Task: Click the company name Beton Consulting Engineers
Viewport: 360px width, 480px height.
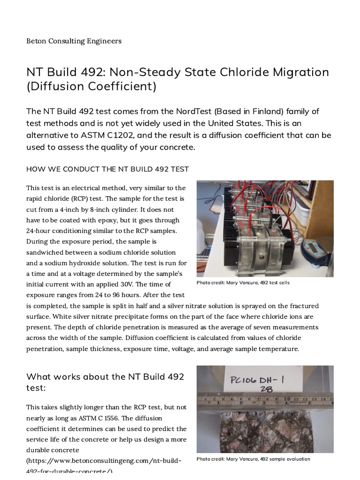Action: pyautogui.click(x=74, y=41)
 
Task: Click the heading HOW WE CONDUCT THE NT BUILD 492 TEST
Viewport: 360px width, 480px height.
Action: pyautogui.click(x=107, y=169)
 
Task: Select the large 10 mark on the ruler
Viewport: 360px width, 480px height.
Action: pyautogui.click(x=287, y=399)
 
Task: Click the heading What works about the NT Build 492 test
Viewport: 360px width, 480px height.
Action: pyautogui.click(x=105, y=382)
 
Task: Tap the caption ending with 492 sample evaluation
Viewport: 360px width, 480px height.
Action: pyautogui.click(x=253, y=459)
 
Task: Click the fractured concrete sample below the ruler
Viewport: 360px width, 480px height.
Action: pyautogui.click(x=265, y=431)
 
